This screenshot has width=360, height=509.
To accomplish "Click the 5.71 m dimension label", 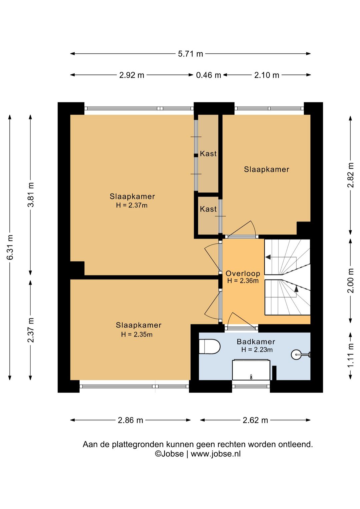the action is (190, 54).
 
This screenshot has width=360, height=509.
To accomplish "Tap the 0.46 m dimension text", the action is (209, 75).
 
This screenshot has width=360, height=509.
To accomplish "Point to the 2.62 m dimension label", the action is (255, 420).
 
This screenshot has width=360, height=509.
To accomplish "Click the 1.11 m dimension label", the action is (351, 356).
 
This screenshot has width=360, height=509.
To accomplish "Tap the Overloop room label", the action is (243, 274).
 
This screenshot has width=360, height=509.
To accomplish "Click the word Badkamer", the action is (256, 342).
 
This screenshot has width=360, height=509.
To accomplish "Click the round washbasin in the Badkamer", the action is (297, 355).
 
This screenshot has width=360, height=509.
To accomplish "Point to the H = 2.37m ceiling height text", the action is (132, 205).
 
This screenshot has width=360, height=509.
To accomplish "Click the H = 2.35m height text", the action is (137, 335).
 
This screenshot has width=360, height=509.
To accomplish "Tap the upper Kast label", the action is (208, 154).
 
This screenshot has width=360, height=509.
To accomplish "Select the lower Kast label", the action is (208, 209).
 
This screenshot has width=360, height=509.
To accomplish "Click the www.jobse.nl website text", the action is (216, 454).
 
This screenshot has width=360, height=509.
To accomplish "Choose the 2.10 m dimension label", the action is (267, 75).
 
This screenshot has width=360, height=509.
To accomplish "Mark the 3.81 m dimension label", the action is (31, 195).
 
